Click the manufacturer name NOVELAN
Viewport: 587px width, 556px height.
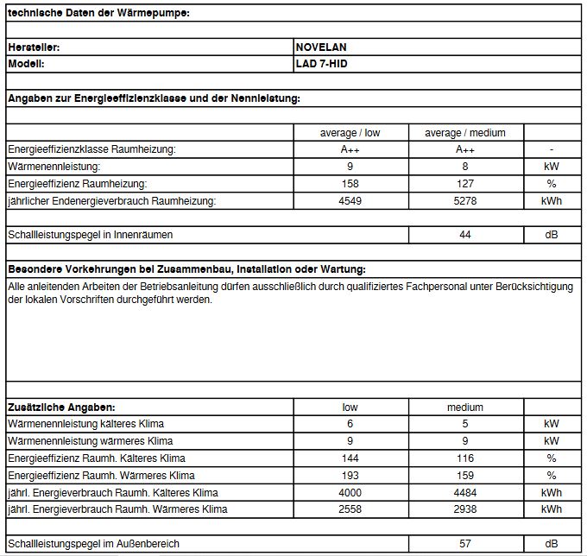coord(321,47)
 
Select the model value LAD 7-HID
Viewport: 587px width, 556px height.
coord(322,64)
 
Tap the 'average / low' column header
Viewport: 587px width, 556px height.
coord(350,133)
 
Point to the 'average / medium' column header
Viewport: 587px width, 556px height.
coord(465,133)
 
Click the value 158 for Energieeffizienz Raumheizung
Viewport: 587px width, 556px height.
coord(350,184)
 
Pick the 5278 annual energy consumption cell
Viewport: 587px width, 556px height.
coord(465,201)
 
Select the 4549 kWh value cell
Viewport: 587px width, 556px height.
coord(350,201)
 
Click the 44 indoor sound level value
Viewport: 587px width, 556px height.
coord(465,235)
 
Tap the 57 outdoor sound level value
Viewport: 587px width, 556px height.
coord(465,545)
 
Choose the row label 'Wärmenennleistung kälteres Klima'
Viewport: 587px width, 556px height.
coord(85,424)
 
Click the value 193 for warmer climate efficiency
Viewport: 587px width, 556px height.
coord(350,476)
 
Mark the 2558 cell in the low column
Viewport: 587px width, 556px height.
coord(350,510)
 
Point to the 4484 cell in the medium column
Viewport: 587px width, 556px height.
coord(465,493)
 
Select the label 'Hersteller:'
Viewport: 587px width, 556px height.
coord(34,47)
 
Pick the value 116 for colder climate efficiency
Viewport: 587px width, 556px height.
coord(465,458)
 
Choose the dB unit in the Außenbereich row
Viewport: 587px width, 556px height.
coord(552,545)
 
